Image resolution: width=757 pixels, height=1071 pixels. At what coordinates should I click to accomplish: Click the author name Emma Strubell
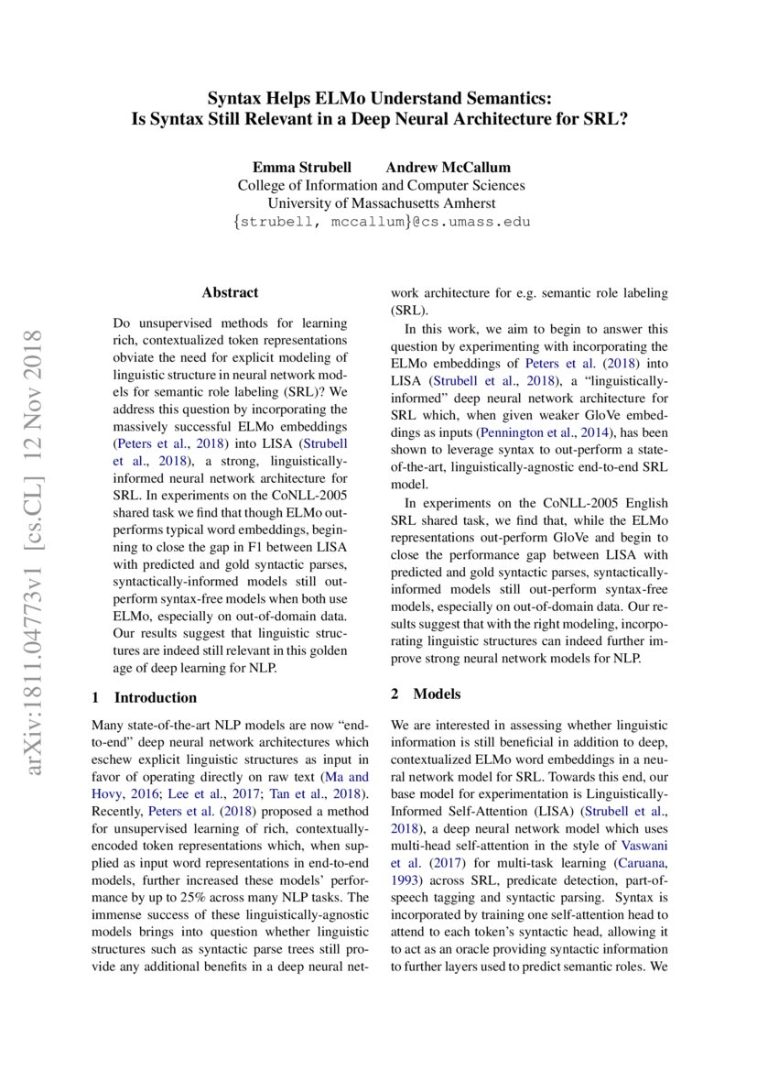[299, 167]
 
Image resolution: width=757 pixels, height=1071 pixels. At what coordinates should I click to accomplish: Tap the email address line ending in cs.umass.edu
[381, 222]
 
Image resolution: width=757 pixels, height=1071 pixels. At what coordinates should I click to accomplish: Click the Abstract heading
[230, 293]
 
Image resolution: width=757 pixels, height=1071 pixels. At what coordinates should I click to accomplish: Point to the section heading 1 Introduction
[146, 697]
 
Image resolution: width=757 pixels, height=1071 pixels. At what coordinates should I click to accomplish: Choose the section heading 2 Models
[426, 694]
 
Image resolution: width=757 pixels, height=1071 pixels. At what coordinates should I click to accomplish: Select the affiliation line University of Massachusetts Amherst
[381, 203]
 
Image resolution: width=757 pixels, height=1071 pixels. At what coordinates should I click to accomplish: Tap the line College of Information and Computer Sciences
[381, 185]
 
